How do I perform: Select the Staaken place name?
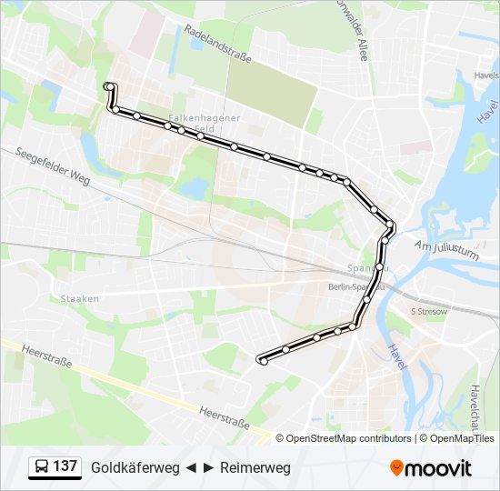click(x=79, y=298)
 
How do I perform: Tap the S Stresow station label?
click(x=429, y=311)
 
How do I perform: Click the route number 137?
click(x=65, y=466)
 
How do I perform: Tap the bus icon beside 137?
click(x=40, y=467)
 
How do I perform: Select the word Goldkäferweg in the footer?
click(x=135, y=467)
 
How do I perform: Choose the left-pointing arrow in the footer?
click(x=192, y=467)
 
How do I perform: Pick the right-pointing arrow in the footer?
click(x=209, y=467)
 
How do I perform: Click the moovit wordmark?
click(x=439, y=467)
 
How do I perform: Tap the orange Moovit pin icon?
click(x=396, y=467)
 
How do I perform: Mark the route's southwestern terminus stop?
click(x=264, y=361)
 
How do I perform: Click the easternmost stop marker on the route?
click(x=391, y=224)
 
